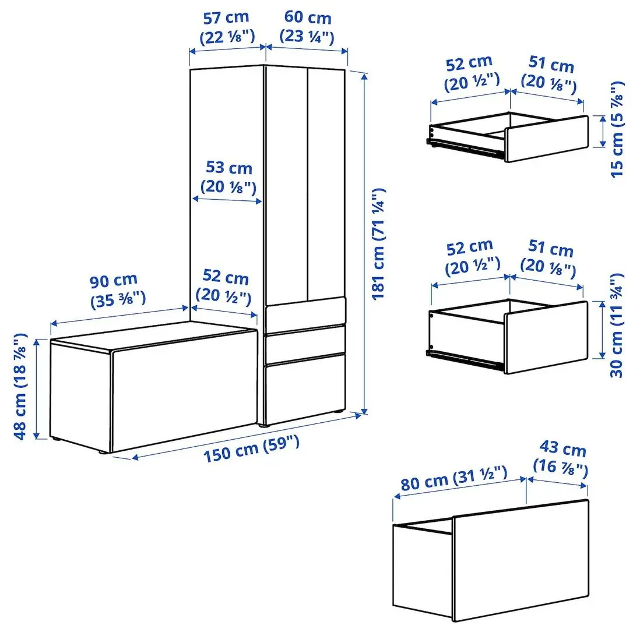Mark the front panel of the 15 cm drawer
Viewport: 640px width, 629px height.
546,138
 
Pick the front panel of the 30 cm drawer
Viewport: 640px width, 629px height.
546,337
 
